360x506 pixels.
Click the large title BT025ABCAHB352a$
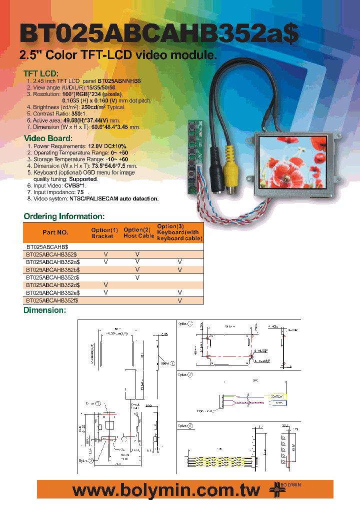(x=159, y=34)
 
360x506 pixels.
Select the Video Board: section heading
(x=48, y=138)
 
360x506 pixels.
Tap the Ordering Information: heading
(x=64, y=216)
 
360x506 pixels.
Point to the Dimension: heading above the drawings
(x=45, y=310)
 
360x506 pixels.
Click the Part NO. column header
(x=55, y=232)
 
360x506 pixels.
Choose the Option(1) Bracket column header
(x=104, y=233)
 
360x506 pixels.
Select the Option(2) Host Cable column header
(x=138, y=233)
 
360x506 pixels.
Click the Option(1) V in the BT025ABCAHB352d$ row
(x=105, y=285)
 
